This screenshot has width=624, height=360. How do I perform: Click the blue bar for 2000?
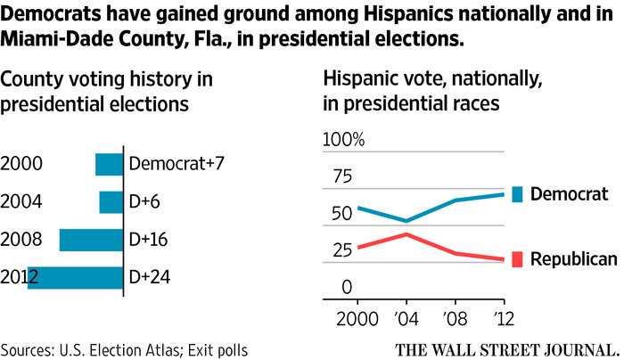point(109,165)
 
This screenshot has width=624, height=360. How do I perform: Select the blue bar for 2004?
point(111,202)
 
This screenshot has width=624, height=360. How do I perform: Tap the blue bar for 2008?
point(91,240)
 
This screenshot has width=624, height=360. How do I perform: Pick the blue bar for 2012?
point(75,277)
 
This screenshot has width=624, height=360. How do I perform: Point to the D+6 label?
point(144,202)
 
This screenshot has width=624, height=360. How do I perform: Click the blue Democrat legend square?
point(516,194)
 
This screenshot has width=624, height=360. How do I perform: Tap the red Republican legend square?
point(516,259)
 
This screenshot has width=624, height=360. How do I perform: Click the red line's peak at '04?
point(406,233)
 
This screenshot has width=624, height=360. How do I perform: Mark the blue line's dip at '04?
point(406,221)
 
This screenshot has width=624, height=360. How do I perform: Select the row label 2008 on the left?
point(20,240)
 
